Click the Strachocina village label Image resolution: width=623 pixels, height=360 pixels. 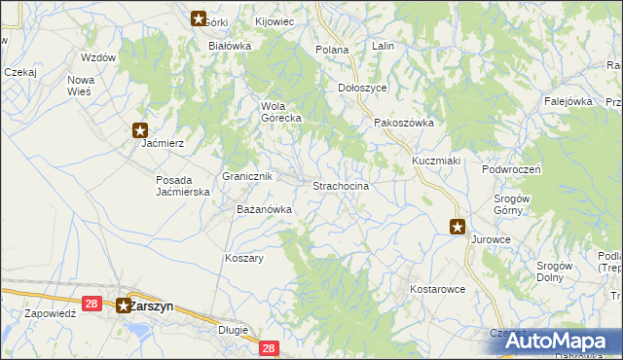[x=340, y=186]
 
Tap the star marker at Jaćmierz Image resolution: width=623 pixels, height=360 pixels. [x=140, y=129]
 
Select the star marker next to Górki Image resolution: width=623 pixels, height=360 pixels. [x=199, y=18]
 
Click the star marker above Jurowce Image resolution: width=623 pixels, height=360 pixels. [x=458, y=227]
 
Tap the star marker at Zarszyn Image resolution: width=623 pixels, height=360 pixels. [x=125, y=306]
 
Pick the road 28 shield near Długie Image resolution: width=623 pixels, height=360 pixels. [x=270, y=347]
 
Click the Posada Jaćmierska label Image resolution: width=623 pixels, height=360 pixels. [x=184, y=186]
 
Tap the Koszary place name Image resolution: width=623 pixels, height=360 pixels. [x=244, y=258]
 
